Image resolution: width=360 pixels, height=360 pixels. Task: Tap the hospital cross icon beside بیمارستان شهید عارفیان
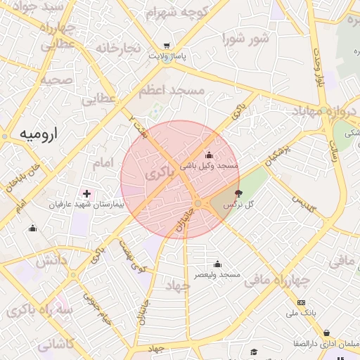click(86, 193)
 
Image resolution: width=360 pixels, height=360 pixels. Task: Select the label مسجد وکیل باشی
click(210, 165)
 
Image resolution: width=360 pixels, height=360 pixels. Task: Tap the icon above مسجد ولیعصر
click(217, 264)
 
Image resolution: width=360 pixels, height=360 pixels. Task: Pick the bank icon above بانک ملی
click(302, 303)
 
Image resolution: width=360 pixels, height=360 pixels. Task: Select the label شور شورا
click(245, 39)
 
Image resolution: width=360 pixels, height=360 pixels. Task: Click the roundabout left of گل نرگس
click(198, 203)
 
